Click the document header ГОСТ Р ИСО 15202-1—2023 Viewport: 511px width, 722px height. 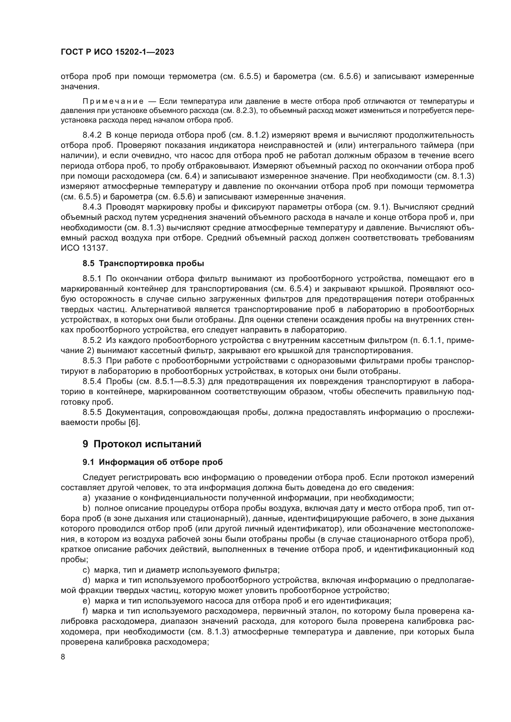pyautogui.click(x=117, y=52)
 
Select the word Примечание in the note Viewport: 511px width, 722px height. pyautogui.click(x=113, y=102)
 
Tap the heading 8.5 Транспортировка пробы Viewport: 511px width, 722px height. pyautogui.click(x=143, y=264)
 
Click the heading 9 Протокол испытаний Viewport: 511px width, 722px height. pyautogui.click(x=142, y=444)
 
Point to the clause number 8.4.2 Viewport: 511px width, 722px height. pyautogui.click(x=92, y=135)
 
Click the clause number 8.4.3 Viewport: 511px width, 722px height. pyautogui.click(x=92, y=207)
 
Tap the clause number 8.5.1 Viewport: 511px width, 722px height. pyautogui.click(x=92, y=279)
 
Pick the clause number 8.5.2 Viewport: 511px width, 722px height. pyautogui.click(x=92, y=340)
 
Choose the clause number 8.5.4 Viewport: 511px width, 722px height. pyautogui.click(x=92, y=382)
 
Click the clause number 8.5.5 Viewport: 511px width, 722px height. pyautogui.click(x=92, y=412)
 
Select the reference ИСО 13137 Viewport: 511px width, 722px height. pyautogui.click(x=84, y=248)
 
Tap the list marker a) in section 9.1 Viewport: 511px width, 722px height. pyautogui.click(x=86, y=498)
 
